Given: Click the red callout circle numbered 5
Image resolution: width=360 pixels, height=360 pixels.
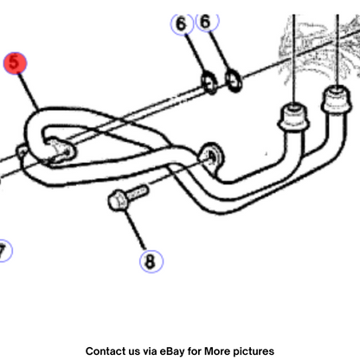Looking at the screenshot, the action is (15, 63).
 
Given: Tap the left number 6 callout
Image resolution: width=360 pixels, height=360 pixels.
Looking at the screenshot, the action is (182, 24).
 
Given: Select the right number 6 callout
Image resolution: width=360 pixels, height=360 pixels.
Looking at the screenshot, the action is (208, 22).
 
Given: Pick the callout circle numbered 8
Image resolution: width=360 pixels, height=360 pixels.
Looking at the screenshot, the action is (151, 261).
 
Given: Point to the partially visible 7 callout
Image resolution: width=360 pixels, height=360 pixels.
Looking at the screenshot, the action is (4, 251).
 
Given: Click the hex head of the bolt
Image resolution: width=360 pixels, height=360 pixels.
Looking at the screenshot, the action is (118, 200).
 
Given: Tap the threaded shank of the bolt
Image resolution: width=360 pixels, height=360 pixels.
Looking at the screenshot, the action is (138, 192).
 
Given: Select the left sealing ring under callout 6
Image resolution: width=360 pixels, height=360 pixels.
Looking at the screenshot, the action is (209, 82).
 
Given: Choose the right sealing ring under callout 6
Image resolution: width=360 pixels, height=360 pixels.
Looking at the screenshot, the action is (234, 80).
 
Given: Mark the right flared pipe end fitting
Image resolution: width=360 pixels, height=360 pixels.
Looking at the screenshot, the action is (337, 99).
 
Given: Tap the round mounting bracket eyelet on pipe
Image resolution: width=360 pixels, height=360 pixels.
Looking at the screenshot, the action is (211, 157).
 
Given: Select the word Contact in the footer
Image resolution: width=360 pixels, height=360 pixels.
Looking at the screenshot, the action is (103, 351).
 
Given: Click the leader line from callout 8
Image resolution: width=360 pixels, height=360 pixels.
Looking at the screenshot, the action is (135, 230).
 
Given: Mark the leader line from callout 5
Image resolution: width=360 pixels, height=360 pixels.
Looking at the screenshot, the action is (29, 92).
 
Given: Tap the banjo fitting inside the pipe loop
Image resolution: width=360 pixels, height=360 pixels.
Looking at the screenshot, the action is (60, 151).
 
